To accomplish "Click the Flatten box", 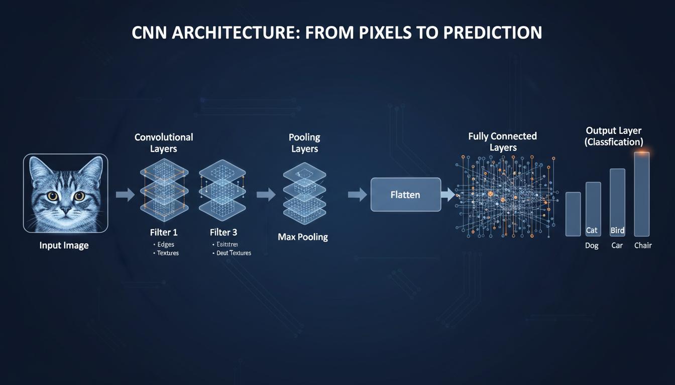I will [405, 195].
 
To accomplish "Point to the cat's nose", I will [65, 208].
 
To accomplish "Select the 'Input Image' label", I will [64, 246].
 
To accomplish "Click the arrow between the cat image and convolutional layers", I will [125, 195].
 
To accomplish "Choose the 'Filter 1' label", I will [164, 233].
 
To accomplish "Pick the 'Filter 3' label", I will [223, 233].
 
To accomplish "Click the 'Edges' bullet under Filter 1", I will [167, 244].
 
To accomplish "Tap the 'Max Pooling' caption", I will [303, 237].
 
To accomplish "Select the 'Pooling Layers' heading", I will [304, 143].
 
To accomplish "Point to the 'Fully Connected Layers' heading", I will [502, 142].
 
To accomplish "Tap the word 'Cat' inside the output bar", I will [592, 231].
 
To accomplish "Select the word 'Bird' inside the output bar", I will [617, 231].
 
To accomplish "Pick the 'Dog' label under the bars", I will [592, 246].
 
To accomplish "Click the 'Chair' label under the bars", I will [643, 246].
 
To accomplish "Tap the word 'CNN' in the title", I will [151, 33].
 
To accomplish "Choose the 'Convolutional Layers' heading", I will [164, 143].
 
